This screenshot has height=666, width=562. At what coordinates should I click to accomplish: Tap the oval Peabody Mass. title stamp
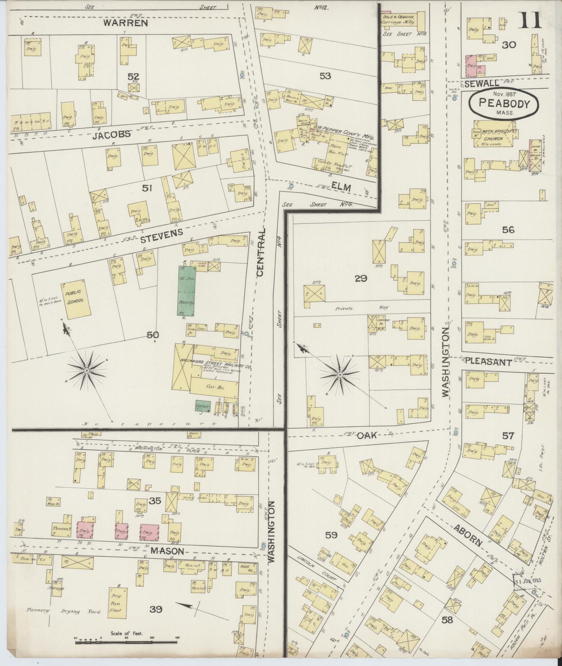pos(504,105)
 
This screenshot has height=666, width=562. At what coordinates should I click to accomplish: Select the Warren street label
pos(126,23)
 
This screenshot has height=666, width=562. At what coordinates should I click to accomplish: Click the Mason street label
pos(167,551)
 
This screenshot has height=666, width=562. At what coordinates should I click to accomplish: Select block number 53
pos(325,76)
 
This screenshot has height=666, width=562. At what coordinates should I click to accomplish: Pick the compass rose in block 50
pos(87,371)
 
